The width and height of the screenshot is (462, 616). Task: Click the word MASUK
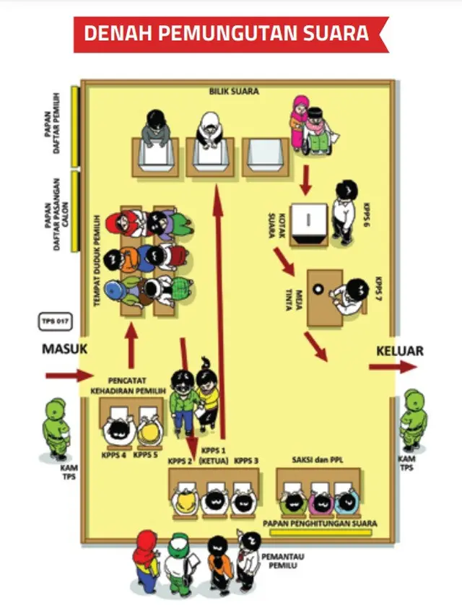coord(64,349)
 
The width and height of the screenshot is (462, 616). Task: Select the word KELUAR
coord(399,351)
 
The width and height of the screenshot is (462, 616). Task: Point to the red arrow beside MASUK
coord(69,376)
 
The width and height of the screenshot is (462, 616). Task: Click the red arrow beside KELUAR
coord(392,367)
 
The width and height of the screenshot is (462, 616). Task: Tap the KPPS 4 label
coord(114,455)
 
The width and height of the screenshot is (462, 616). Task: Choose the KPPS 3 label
coord(246,460)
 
